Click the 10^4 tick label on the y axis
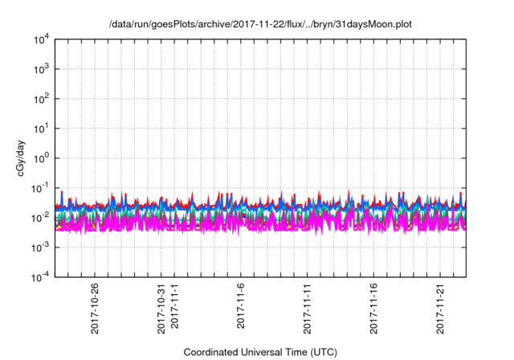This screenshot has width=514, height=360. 43,39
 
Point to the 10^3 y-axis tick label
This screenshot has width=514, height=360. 43,68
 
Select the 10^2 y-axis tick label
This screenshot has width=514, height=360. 43,98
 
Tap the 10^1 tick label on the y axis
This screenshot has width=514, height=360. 43,128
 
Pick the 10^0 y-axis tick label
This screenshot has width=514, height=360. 43,157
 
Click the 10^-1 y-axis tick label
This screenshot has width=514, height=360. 42,187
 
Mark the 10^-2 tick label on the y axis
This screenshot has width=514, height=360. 42,217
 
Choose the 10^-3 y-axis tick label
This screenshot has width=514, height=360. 42,247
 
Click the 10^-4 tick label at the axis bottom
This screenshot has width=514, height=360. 42,276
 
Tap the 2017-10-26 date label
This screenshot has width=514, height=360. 95,309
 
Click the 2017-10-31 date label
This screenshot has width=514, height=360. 161,309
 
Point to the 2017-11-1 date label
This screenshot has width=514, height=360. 174,311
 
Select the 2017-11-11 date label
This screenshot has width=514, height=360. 308,309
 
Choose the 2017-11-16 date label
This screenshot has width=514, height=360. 374,309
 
